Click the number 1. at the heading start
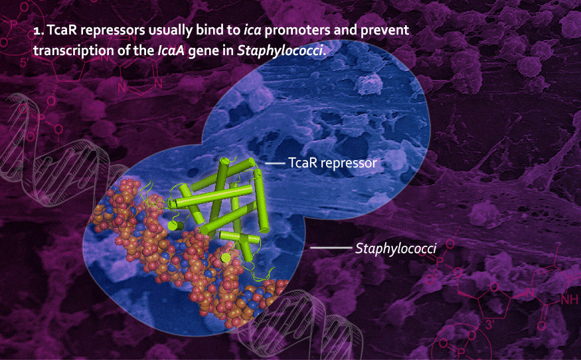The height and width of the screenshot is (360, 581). click(x=39, y=31)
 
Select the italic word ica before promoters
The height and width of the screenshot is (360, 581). click(x=252, y=30)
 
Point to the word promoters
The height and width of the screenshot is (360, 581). click(x=297, y=31)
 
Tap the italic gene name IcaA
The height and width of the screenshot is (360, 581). click(x=171, y=50)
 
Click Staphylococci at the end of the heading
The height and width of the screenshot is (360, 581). click(x=280, y=50)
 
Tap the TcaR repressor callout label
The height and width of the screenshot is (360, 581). click(x=333, y=163)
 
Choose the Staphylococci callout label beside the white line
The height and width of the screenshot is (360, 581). click(x=396, y=248)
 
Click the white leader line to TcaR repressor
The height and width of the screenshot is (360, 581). click(x=275, y=163)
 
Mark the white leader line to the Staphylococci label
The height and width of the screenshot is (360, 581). click(x=331, y=248)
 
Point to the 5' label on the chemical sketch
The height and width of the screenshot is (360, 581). click(x=25, y=62)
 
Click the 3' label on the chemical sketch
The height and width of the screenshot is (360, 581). click(x=489, y=325)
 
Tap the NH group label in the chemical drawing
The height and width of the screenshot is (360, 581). click(x=570, y=300)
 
